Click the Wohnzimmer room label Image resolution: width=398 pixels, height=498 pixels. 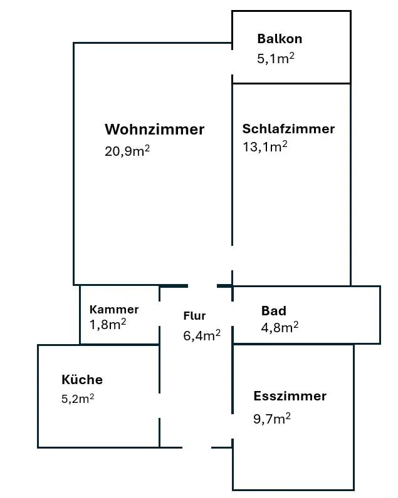154,130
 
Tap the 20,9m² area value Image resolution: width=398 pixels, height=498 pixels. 127,151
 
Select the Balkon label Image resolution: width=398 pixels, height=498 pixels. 280,39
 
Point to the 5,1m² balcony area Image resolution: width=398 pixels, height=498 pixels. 276,58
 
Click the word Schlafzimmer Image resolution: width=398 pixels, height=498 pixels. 288,129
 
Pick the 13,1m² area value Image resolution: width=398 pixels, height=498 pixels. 265,146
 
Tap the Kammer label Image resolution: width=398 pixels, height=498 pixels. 114,309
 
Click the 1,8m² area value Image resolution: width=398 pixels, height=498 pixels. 108,324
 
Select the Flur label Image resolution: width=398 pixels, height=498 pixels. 194,316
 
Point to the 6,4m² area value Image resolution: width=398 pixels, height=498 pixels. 202,335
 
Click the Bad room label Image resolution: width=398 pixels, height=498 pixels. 274,310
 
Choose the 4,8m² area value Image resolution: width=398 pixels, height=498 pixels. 280,327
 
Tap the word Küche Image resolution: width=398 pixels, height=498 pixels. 82,379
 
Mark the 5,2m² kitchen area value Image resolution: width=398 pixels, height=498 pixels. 78,399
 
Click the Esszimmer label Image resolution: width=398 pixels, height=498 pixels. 290,396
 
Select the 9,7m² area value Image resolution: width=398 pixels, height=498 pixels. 272,419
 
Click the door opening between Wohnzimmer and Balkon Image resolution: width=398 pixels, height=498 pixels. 233,63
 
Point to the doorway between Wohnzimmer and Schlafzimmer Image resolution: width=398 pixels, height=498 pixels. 233,258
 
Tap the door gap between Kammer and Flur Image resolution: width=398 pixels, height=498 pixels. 159,313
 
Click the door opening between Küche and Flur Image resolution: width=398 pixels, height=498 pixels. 159,405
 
